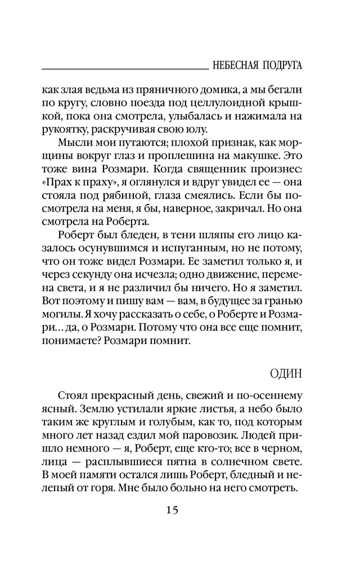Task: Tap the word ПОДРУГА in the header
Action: coord(281,65)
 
